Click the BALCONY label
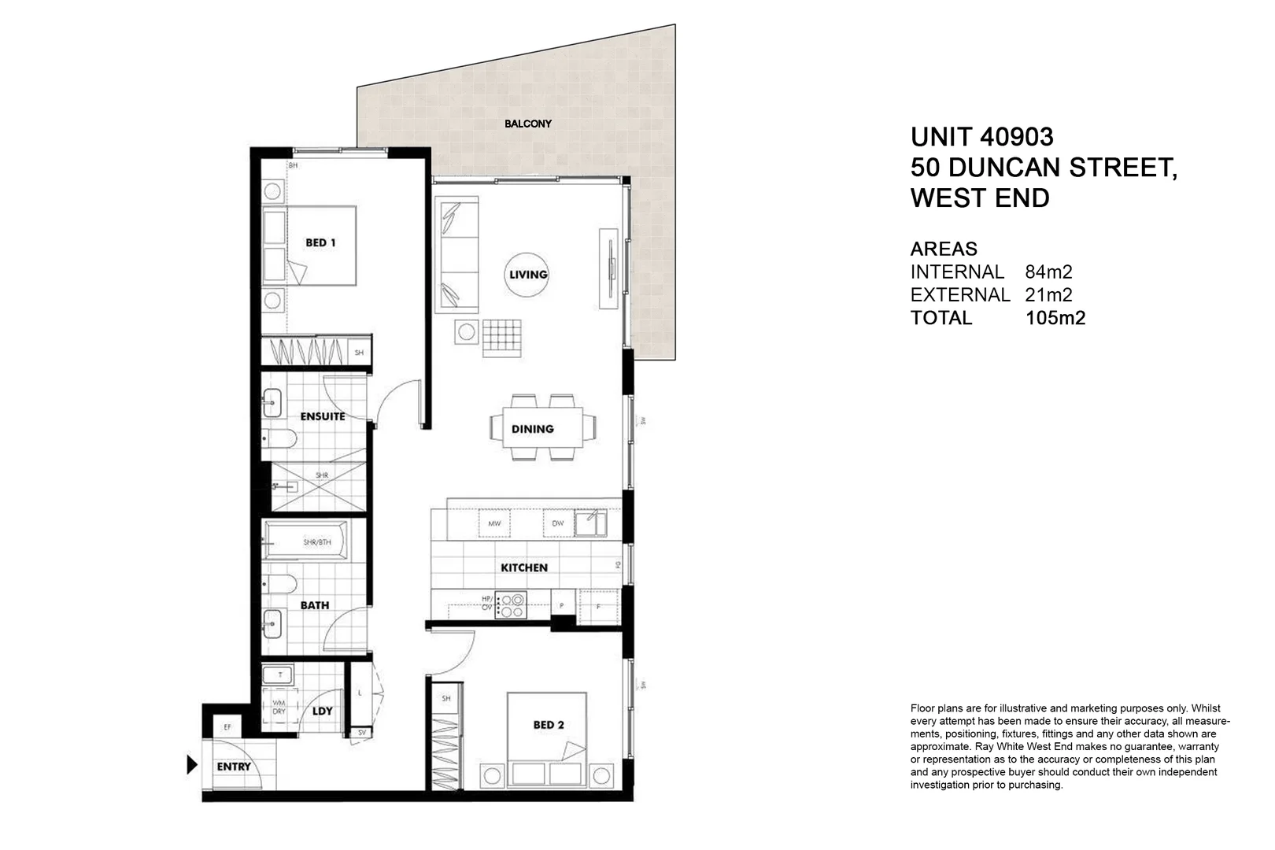(528, 124)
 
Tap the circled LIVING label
(527, 275)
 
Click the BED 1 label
(320, 242)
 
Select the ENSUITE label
(322, 416)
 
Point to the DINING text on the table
(533, 429)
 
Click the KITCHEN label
(524, 567)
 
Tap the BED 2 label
(549, 725)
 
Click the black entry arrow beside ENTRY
(191, 764)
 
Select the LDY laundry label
(323, 711)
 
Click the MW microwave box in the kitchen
(494, 523)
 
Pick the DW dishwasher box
(558, 523)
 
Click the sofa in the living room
(457, 253)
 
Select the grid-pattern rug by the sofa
(501, 338)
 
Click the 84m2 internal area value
(1048, 272)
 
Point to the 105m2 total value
(1055, 318)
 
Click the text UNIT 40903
(981, 137)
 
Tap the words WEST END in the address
(980, 198)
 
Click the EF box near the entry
(227, 727)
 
